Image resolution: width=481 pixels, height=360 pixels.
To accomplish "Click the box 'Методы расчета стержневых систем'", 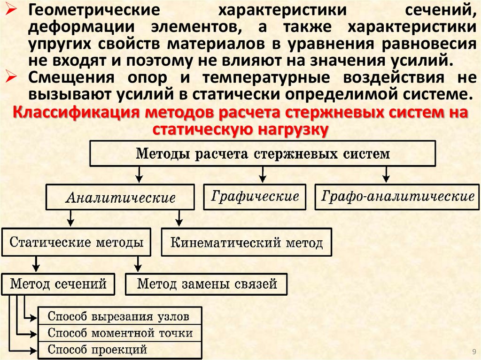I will click(263, 154).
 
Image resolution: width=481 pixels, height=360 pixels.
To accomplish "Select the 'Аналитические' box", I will click(120, 197).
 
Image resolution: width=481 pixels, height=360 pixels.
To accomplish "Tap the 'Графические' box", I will click(255, 196).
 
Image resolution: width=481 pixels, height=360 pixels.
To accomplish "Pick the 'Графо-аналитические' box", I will click(397, 196).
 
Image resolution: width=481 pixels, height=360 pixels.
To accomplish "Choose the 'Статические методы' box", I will click(77, 243).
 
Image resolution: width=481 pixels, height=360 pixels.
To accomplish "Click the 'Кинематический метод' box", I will click(246, 243).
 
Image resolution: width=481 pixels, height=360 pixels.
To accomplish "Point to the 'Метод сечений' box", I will click(58, 283).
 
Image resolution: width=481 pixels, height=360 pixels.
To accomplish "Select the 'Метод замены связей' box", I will click(207, 283).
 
